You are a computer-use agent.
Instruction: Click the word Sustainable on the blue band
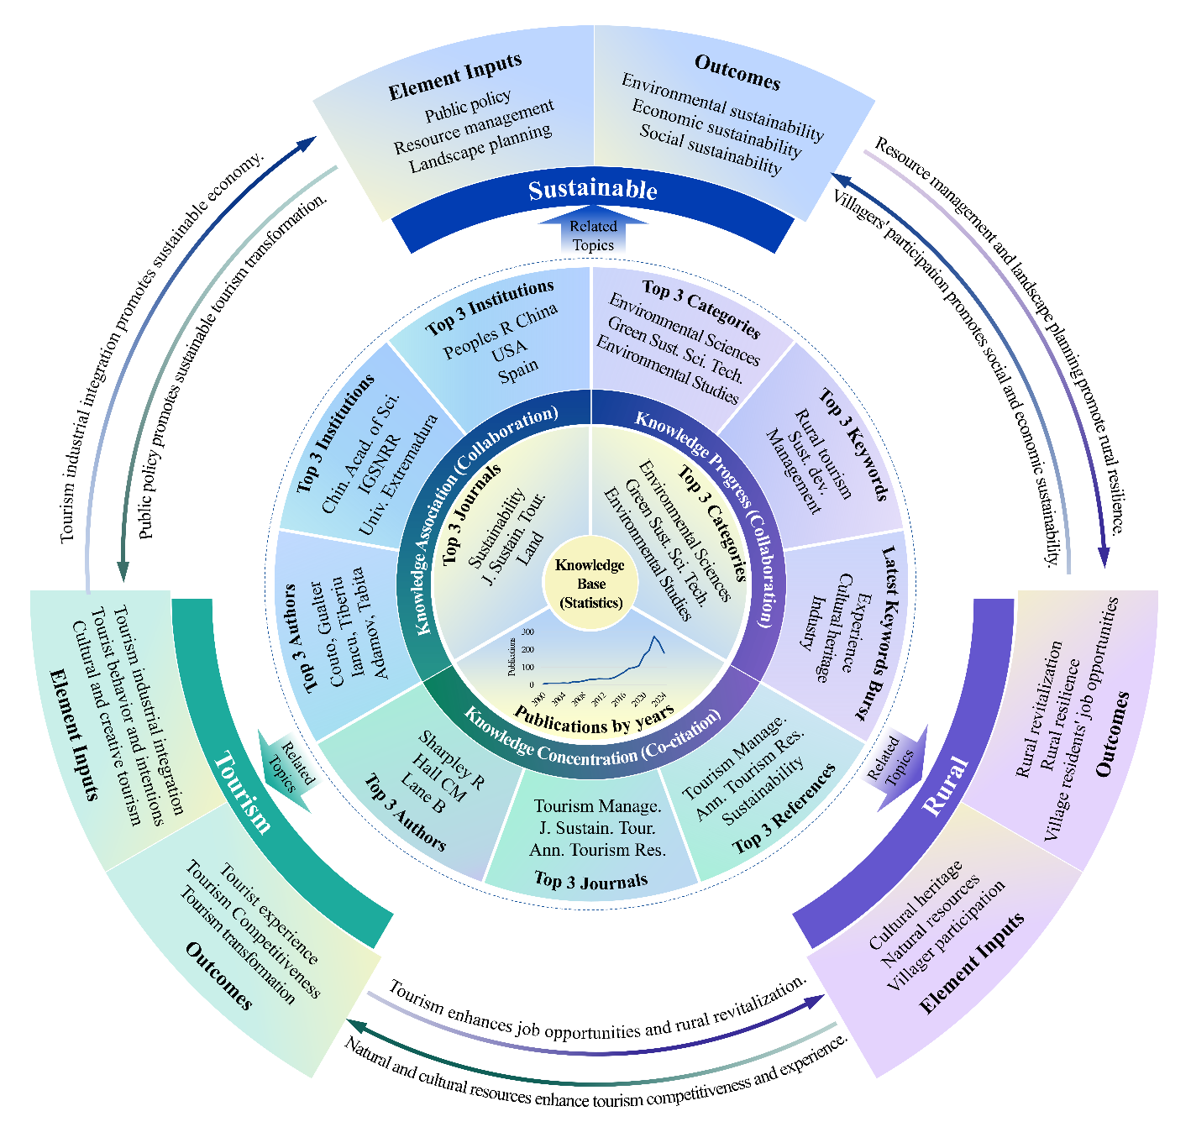point(593,190)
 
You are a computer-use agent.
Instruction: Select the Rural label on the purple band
point(945,786)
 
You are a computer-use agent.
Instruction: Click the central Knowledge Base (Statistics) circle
point(590,584)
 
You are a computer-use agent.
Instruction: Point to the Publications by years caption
point(594,720)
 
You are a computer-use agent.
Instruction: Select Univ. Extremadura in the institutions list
point(398,474)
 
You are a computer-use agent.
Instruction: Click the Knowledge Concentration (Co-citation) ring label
point(592,745)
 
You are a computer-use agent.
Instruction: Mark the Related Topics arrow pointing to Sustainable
point(593,235)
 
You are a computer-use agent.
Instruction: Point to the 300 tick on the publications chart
point(527,632)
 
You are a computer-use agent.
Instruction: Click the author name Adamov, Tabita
point(370,622)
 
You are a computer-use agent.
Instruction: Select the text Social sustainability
point(711,149)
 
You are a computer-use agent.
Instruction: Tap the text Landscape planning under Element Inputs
point(480,148)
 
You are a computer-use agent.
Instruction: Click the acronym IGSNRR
point(370,461)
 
